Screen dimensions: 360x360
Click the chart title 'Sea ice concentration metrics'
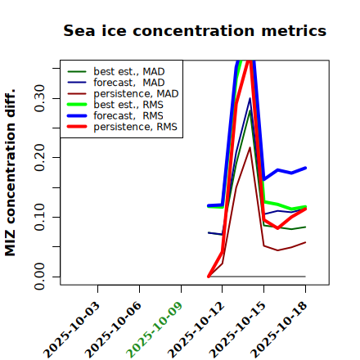[x=195, y=30]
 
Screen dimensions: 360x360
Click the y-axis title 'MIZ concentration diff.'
[x=10, y=173]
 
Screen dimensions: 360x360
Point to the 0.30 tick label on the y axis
[x=39, y=98]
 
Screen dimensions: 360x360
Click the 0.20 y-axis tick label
[x=39, y=157]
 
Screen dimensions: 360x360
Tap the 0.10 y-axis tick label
[x=39, y=217]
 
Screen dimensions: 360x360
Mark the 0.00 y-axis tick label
[x=39, y=277]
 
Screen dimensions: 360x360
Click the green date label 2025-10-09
[x=155, y=330]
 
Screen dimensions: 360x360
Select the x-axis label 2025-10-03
[x=71, y=330]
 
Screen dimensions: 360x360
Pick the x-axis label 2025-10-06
[x=113, y=330]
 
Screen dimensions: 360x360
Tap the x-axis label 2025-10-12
[x=196, y=330]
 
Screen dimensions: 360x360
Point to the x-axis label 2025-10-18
[x=279, y=330]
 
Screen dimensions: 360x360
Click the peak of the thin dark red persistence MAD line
[x=250, y=147]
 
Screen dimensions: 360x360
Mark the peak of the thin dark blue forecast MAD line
[x=250, y=98]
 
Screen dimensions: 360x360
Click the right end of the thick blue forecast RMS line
[x=305, y=168]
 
